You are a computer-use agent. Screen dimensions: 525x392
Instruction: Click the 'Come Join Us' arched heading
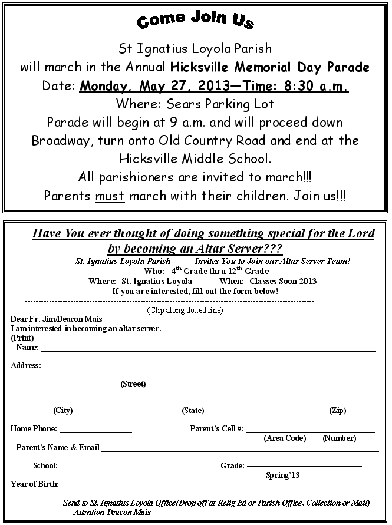[195, 20]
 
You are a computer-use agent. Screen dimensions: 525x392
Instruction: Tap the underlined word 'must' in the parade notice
[110, 195]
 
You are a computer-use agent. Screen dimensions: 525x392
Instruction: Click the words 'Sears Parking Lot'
[228, 104]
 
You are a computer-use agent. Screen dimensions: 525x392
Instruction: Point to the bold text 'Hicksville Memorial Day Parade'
[270, 67]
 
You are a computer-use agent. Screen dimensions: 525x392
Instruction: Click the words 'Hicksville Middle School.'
[195, 159]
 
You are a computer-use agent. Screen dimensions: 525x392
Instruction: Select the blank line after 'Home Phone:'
[95, 431]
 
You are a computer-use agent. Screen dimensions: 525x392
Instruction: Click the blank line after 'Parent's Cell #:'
[310, 431]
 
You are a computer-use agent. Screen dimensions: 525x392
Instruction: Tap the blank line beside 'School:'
[93, 468]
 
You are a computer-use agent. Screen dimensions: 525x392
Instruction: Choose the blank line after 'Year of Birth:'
[116, 486]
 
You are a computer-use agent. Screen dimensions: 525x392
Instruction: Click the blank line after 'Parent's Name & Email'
[240, 450]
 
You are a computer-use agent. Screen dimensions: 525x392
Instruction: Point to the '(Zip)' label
[338, 411]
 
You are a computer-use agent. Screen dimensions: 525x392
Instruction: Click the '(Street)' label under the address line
[133, 384]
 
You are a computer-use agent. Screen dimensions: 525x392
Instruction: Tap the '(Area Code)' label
[285, 438]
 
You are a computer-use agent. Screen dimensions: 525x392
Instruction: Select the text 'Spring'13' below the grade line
[283, 475]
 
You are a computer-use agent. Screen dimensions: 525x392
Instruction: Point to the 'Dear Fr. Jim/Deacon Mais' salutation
[57, 319]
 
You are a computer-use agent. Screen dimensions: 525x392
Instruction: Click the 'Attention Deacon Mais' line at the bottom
[112, 512]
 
